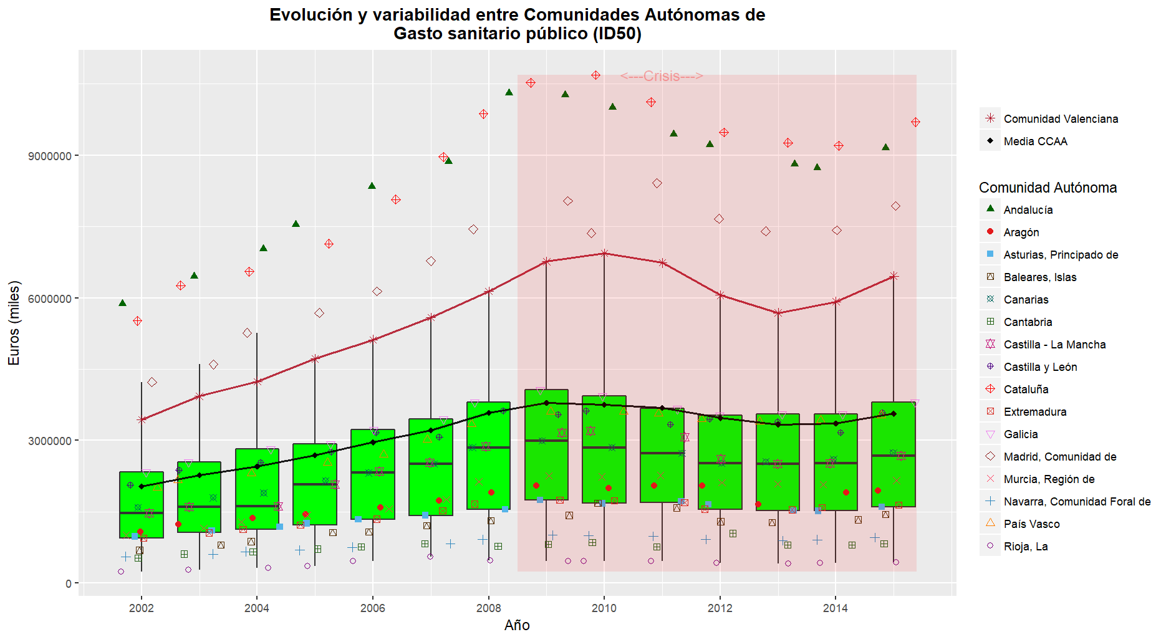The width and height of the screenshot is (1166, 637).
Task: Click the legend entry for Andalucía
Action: click(1028, 210)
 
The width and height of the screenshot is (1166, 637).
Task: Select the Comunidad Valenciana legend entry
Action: click(1060, 119)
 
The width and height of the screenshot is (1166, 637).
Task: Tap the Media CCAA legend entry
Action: click(1035, 141)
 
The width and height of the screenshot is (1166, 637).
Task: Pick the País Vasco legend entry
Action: click(1031, 524)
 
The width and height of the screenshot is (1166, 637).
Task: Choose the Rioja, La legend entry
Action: click(1025, 547)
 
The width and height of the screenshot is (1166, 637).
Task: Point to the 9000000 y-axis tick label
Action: click(49, 156)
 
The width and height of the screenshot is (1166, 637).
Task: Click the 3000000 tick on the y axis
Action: click(49, 441)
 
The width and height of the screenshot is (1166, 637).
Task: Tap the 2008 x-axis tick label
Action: click(488, 608)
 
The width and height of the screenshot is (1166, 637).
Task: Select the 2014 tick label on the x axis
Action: click(836, 608)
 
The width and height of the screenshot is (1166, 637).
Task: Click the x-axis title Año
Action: click(517, 625)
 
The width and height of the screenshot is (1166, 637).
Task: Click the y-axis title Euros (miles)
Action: click(14, 323)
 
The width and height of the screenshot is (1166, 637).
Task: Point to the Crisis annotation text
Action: click(661, 76)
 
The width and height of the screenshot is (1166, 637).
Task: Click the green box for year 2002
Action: click(142, 505)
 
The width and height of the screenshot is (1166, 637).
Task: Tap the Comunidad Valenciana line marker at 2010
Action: click(604, 253)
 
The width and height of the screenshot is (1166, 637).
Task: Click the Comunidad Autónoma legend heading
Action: click(1048, 188)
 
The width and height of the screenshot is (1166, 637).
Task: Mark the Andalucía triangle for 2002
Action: click(122, 303)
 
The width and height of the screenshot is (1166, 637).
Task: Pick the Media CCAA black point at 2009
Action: click(546, 403)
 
